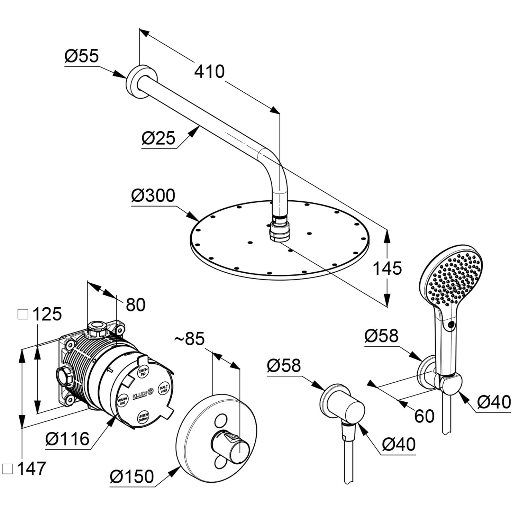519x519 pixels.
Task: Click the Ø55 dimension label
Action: point(82,56)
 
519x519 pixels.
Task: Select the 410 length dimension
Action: point(209,72)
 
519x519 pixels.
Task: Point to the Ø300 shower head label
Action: point(153,196)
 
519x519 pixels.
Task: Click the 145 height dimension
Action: point(387,268)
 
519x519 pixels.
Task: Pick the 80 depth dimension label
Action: point(136,304)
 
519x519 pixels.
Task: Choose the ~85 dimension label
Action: point(190,339)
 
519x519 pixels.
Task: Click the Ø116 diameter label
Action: point(67,439)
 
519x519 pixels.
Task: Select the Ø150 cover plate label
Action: point(132,476)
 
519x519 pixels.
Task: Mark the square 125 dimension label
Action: point(40,314)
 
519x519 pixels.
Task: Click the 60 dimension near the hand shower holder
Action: point(424,416)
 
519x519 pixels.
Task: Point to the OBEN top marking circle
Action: point(143,372)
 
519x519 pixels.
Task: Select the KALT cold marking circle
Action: point(163,389)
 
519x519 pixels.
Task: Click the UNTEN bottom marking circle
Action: point(143,417)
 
